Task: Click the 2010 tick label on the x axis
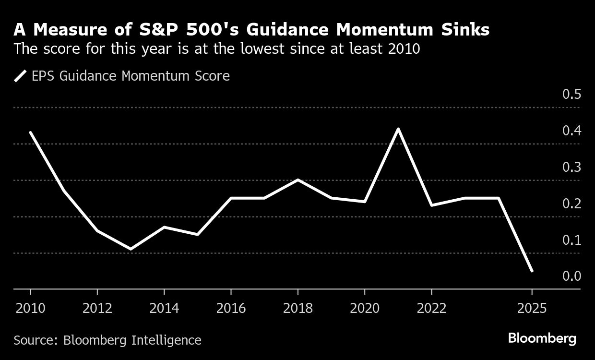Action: [x=30, y=308]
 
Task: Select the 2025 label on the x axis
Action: [x=532, y=308]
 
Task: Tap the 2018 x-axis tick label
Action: [x=298, y=308]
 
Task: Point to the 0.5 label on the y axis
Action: [x=571, y=94]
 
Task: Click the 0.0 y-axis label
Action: [x=571, y=276]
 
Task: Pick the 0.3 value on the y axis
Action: [x=571, y=167]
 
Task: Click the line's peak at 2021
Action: [x=398, y=129]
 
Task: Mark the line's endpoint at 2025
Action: [x=532, y=271]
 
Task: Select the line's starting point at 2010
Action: [x=30, y=132]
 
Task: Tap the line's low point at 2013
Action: [x=131, y=249]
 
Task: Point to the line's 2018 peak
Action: [x=298, y=180]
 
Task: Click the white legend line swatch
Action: [x=21, y=76]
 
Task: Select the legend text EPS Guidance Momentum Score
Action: [x=131, y=76]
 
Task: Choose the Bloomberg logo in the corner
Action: [x=542, y=339]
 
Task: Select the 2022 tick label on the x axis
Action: [x=431, y=308]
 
